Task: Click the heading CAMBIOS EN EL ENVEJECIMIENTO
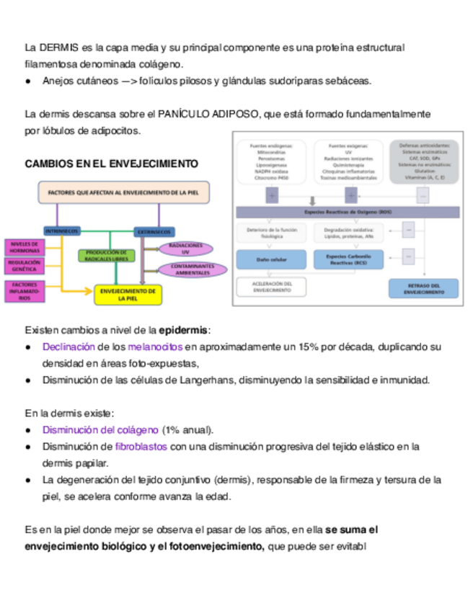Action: click(x=111, y=164)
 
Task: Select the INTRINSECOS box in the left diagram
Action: click(x=62, y=231)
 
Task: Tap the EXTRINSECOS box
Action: click(x=154, y=231)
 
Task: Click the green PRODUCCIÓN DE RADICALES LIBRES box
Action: click(x=106, y=255)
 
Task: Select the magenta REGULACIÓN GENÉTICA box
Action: click(x=25, y=267)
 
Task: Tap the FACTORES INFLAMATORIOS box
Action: click(x=25, y=291)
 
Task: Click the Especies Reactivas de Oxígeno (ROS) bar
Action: click(x=348, y=213)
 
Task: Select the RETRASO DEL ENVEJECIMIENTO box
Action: click(x=423, y=288)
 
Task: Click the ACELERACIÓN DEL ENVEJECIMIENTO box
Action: click(x=271, y=287)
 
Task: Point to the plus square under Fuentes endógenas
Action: click(x=271, y=195)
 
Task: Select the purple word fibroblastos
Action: click(x=141, y=447)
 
